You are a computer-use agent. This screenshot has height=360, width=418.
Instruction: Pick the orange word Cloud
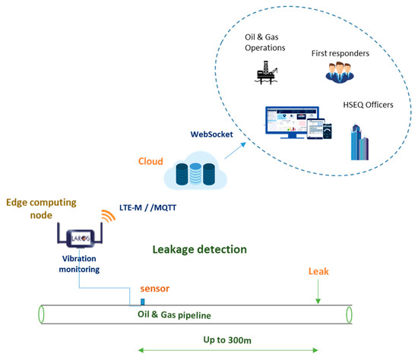[150, 161]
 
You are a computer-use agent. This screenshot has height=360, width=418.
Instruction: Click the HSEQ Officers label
[366, 104]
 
